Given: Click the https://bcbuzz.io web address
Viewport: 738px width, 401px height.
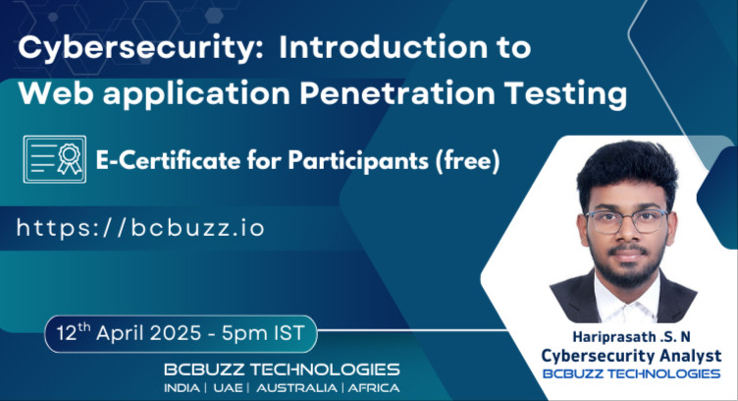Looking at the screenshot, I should [x=140, y=228].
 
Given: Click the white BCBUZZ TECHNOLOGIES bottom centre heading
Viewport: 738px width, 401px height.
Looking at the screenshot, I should [x=282, y=370].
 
